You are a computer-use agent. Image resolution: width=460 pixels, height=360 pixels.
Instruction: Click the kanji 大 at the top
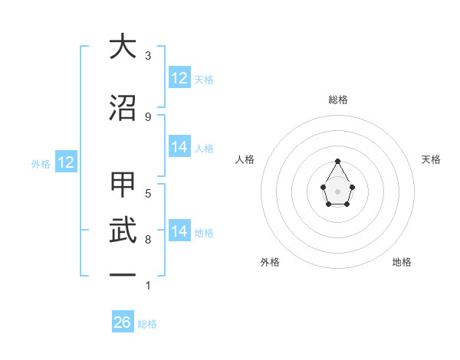pyautogui.click(x=123, y=47)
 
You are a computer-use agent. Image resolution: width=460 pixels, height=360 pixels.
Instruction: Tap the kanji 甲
pyautogui.click(x=123, y=185)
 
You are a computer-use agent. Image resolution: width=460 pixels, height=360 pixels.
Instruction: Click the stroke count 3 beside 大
pyautogui.click(x=148, y=56)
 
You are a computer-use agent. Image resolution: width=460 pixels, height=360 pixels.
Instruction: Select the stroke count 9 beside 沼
pyautogui.click(x=148, y=116)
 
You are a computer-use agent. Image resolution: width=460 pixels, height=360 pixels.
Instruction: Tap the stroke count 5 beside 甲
pyautogui.click(x=148, y=193)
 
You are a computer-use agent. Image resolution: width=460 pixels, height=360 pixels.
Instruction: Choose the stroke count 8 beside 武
pyautogui.click(x=148, y=240)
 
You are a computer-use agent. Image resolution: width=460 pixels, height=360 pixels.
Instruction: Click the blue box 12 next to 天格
pyautogui.click(x=179, y=78)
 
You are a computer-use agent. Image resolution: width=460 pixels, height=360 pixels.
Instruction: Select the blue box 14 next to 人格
pyautogui.click(x=179, y=148)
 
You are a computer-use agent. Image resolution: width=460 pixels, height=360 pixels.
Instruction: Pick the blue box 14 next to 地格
pyautogui.click(x=179, y=231)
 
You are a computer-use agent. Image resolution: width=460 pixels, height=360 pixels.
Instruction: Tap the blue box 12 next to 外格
pyautogui.click(x=65, y=162)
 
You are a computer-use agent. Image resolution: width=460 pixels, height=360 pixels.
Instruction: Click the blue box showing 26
pyautogui.click(x=123, y=322)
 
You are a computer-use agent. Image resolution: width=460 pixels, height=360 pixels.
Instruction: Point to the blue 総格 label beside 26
pyautogui.click(x=147, y=324)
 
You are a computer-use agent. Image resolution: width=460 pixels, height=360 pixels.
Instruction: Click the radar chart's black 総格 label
pyautogui.click(x=338, y=100)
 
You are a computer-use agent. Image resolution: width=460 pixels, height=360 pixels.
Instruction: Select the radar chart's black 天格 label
pyautogui.click(x=432, y=159)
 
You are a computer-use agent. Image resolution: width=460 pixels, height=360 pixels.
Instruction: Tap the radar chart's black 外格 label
pyautogui.click(x=270, y=262)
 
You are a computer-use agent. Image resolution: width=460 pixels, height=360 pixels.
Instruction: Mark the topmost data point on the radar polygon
pyautogui.click(x=338, y=162)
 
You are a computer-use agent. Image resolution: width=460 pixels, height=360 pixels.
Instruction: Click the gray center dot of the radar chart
pyautogui.click(x=338, y=191)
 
